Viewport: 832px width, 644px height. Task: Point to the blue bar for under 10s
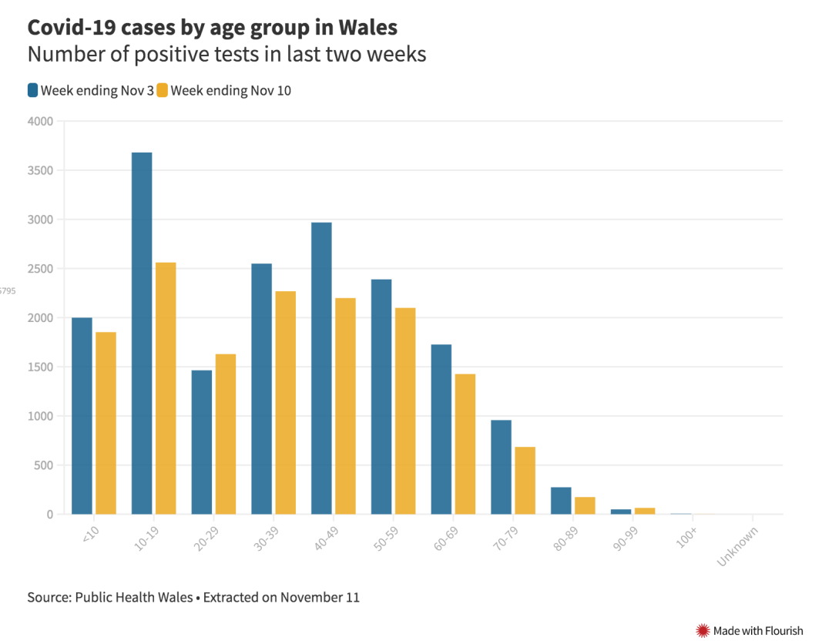tap(82, 416)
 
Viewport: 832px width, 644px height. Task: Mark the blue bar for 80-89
tap(561, 501)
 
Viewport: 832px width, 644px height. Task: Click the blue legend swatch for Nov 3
tap(32, 90)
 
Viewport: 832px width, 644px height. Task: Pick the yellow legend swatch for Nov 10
tap(162, 90)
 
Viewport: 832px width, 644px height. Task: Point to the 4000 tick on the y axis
tap(41, 121)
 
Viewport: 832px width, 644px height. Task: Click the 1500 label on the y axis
tap(41, 367)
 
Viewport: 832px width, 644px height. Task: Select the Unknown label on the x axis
tap(737, 546)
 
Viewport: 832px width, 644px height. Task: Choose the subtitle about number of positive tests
tap(226, 55)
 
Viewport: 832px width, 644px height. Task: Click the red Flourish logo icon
tap(703, 630)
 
